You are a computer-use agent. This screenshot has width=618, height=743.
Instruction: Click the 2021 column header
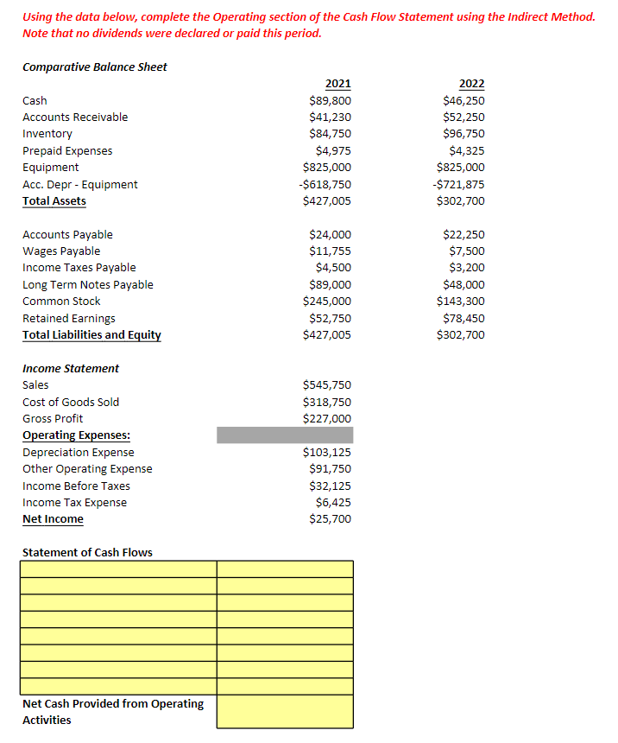coord(337,84)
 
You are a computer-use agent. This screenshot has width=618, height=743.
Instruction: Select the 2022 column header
coord(471,84)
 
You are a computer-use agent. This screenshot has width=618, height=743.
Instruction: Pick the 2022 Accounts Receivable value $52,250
coord(463,117)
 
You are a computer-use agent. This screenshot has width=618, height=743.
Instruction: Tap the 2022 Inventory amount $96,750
coord(463,134)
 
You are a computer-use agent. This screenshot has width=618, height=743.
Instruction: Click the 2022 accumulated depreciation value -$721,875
coord(460,184)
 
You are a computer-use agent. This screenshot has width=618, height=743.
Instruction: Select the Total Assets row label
coord(54,200)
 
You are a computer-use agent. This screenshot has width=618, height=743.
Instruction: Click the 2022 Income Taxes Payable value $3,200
coord(467,268)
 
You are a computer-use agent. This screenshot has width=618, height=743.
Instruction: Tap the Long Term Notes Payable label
coord(87,284)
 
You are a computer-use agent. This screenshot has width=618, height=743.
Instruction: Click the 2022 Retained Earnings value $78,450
coord(463,318)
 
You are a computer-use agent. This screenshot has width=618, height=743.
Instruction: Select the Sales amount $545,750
coord(327,385)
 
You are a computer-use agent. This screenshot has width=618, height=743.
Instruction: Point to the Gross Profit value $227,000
coord(327,418)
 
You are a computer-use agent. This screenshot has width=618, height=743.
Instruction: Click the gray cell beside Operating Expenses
coord(285,435)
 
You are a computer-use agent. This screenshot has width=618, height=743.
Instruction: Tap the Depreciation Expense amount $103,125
coord(327,452)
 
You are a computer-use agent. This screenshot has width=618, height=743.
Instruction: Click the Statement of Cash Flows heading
coord(87,552)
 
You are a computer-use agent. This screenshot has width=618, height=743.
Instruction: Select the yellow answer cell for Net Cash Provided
coord(285,712)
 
